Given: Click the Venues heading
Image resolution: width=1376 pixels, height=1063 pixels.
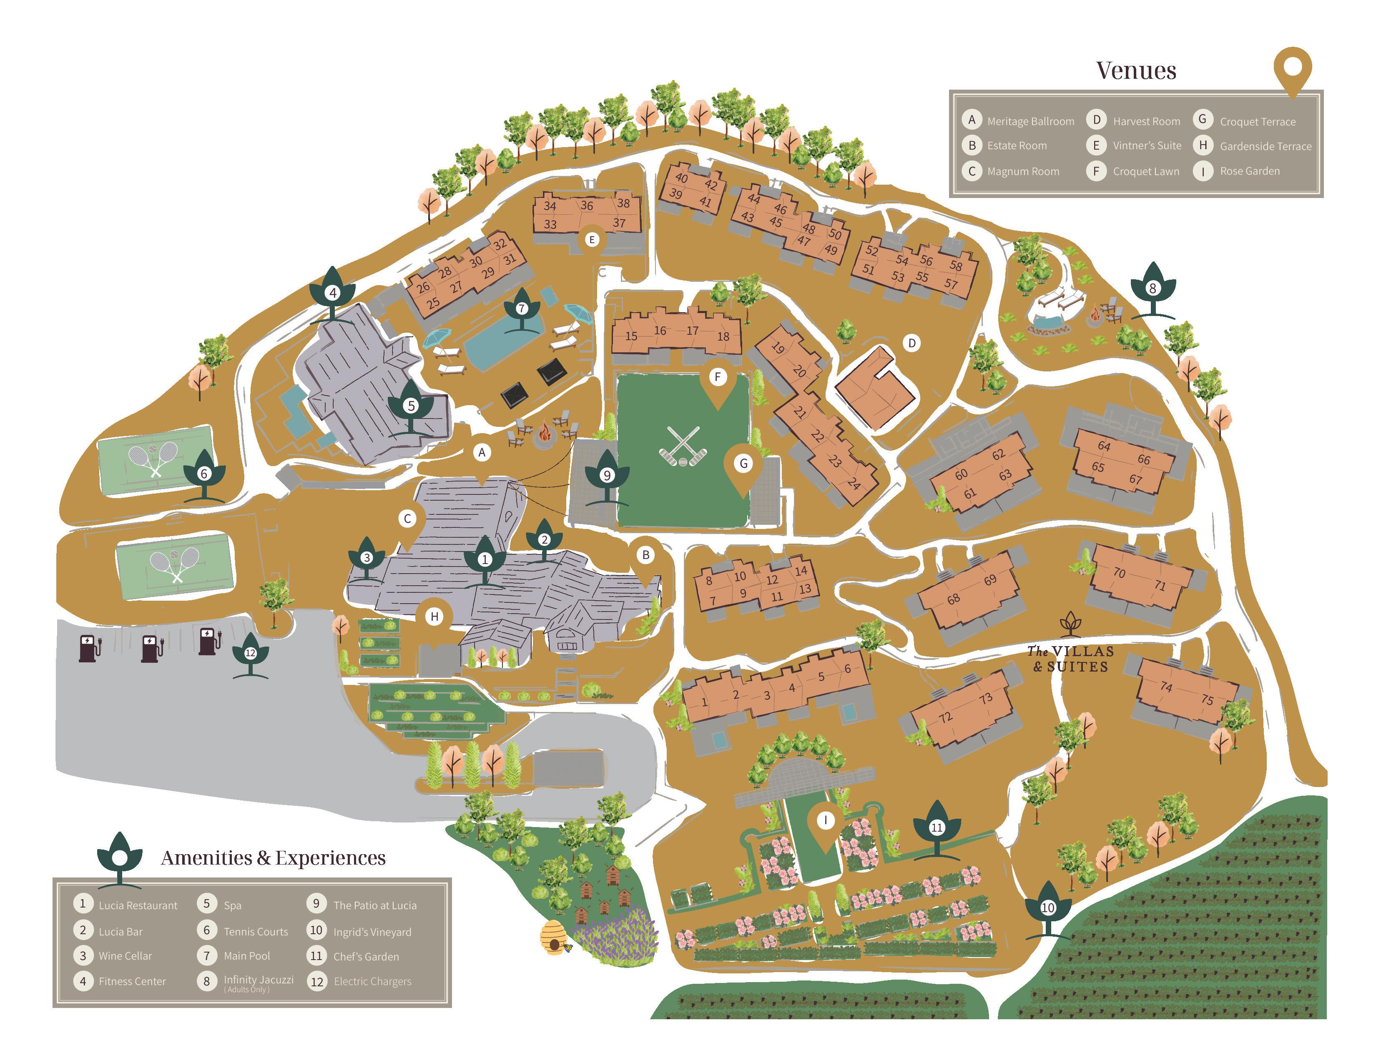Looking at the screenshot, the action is point(1135,70).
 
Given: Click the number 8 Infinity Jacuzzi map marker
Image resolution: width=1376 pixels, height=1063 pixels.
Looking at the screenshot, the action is point(1153,288).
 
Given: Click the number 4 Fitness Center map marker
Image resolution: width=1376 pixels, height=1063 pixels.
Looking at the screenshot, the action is point(333,293).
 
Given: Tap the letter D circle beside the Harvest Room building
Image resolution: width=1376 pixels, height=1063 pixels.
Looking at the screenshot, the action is point(911,343).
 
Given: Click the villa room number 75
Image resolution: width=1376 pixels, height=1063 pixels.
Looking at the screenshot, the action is point(1207,699).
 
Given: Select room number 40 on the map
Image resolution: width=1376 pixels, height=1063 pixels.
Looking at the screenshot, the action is point(681,178).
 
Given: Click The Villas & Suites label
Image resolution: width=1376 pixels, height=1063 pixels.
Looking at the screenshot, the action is point(1070,659).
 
